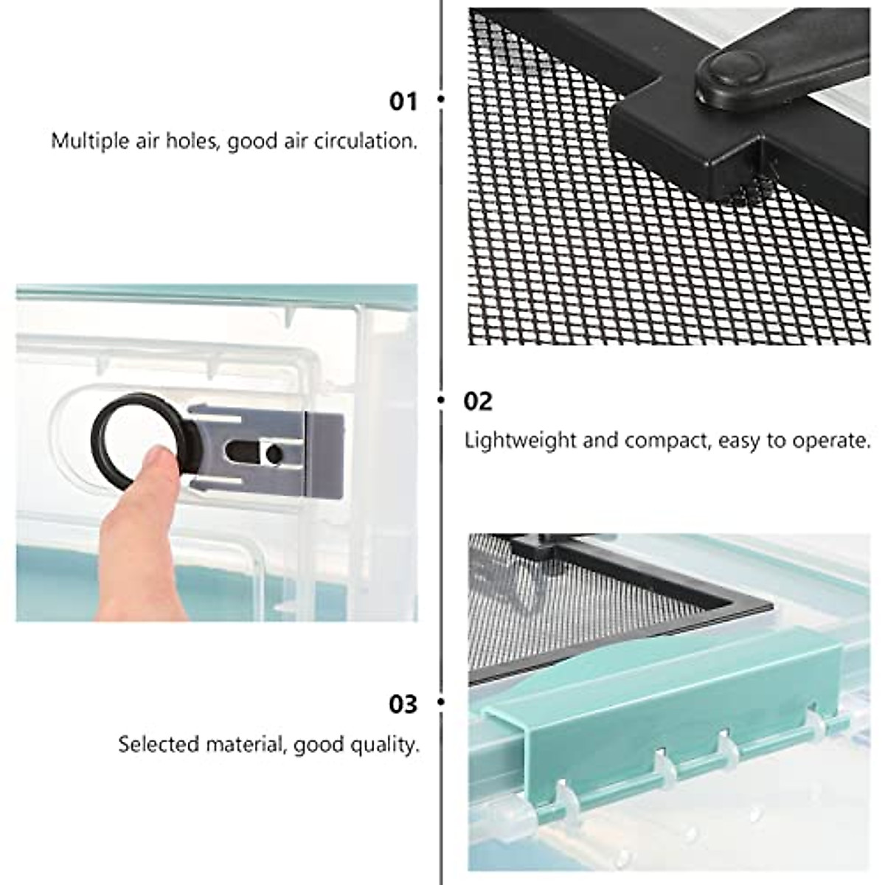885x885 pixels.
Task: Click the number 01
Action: point(403,101)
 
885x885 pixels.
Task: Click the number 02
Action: point(477,401)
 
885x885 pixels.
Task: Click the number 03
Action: point(403,704)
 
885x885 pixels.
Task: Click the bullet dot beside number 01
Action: point(441,99)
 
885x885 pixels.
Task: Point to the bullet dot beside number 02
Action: point(442,400)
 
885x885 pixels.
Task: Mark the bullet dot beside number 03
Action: point(441,703)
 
